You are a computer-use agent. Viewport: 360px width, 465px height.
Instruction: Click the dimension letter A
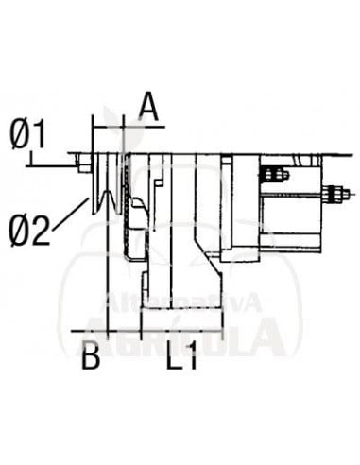coord(149,105)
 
